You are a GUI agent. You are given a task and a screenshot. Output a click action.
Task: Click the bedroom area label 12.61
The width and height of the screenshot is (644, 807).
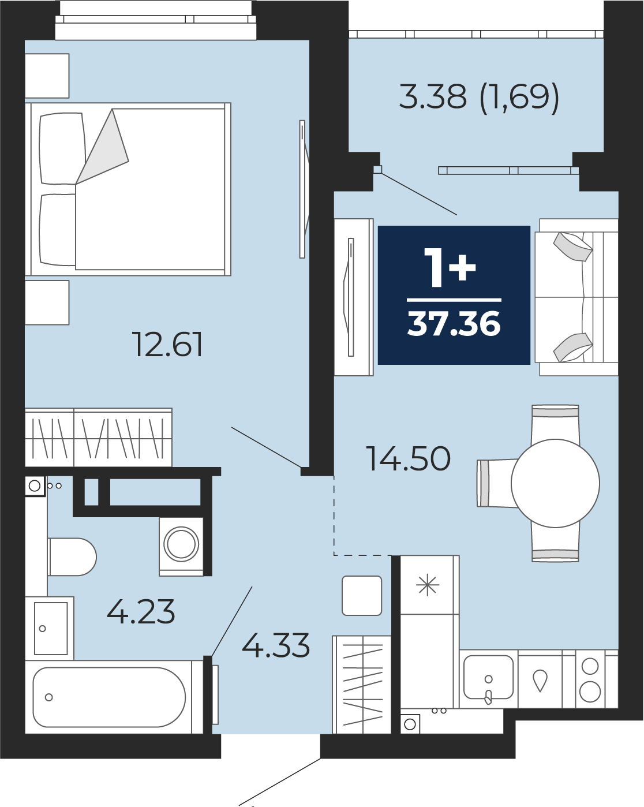click(x=167, y=344)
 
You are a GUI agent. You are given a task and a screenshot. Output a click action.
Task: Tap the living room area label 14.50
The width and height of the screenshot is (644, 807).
click(x=408, y=458)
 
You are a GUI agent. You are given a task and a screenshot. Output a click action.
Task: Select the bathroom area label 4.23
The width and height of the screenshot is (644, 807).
click(x=141, y=612)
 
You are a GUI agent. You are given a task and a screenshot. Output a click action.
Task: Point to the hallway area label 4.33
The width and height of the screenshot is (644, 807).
click(x=276, y=645)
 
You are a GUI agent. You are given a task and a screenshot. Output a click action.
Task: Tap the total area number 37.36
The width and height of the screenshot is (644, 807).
click(x=454, y=324)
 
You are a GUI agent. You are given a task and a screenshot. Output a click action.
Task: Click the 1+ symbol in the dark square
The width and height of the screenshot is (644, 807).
click(x=450, y=268)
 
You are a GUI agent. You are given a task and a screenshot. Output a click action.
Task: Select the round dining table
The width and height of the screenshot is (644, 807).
click(x=555, y=483)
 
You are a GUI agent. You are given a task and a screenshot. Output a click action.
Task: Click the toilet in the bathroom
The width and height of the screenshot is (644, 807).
click(x=72, y=557)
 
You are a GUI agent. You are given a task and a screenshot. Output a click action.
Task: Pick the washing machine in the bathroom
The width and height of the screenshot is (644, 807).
click(x=181, y=547)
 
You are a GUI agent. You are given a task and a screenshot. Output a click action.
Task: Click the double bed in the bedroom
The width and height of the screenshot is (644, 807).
click(x=128, y=189)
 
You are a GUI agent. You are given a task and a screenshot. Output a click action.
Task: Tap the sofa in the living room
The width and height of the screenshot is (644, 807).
click(x=576, y=297)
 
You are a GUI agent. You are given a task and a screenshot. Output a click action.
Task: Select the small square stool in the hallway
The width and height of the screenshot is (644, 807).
click(x=362, y=596)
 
